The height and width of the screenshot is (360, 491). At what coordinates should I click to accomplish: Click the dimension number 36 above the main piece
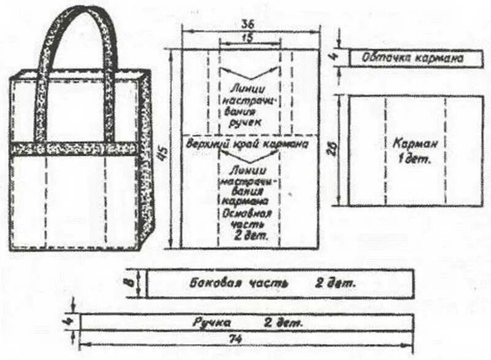pyautogui.click(x=249, y=25)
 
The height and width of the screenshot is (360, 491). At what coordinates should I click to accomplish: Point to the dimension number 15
pyautogui.click(x=249, y=38)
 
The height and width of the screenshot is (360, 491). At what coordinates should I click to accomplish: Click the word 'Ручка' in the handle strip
pyautogui.click(x=212, y=322)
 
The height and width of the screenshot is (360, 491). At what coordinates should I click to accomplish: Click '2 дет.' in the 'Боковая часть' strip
pyautogui.click(x=336, y=284)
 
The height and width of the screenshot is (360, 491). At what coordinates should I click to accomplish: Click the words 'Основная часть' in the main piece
pyautogui.click(x=249, y=217)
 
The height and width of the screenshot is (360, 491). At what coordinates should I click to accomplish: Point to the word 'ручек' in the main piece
pyautogui.click(x=249, y=123)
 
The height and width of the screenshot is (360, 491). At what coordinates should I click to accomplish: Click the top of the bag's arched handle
pyautogui.click(x=78, y=10)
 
